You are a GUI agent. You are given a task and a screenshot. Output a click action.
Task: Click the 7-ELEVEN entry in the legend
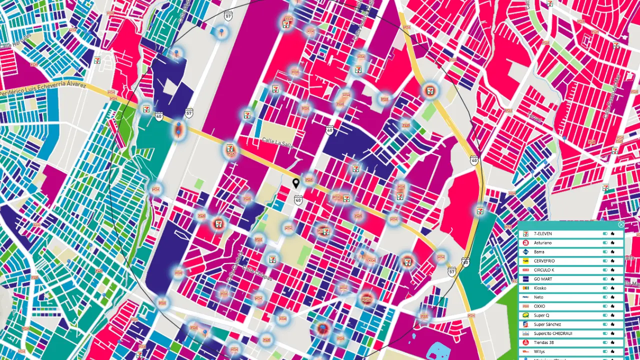tap(542, 233)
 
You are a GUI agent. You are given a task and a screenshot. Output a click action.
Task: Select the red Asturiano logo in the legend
tap(525, 242)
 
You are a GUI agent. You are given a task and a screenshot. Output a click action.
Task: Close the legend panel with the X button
tap(621, 225)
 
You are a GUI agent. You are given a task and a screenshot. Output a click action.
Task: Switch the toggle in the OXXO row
tap(605, 306)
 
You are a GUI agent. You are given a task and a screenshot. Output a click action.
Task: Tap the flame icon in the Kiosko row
tap(612, 288)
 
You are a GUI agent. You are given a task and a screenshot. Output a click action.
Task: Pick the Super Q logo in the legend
tap(525, 315)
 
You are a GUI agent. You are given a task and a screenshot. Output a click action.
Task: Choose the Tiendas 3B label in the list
tap(543, 342)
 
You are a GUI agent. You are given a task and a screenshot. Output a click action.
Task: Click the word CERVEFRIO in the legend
tap(544, 261)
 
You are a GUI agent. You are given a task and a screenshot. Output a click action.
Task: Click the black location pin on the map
tap(296, 183)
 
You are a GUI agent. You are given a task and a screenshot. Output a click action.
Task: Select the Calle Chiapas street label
tap(257, 272)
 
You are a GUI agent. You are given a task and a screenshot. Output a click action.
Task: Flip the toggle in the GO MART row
tap(605, 279)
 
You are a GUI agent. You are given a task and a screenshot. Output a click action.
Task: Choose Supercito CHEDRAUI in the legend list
tap(552, 333)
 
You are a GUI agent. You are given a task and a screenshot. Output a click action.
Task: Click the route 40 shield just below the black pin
tap(298, 200)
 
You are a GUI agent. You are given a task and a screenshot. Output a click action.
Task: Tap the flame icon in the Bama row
tap(612, 251)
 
